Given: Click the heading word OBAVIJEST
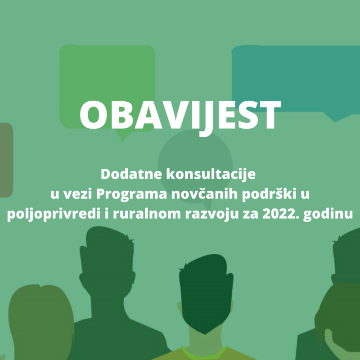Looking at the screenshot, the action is [x=180, y=116].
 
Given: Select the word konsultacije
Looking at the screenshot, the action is [x=211, y=175].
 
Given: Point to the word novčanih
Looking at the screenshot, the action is [x=204, y=193].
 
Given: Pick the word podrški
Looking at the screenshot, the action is [x=269, y=194].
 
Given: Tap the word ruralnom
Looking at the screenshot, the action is [x=147, y=214].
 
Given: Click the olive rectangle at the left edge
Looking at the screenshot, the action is [x=6, y=160].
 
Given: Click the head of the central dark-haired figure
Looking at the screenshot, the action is [x=206, y=292].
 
